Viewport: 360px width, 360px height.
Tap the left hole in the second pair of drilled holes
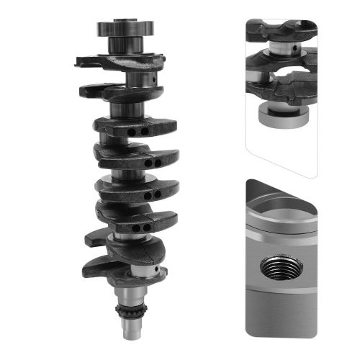[148, 163]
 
